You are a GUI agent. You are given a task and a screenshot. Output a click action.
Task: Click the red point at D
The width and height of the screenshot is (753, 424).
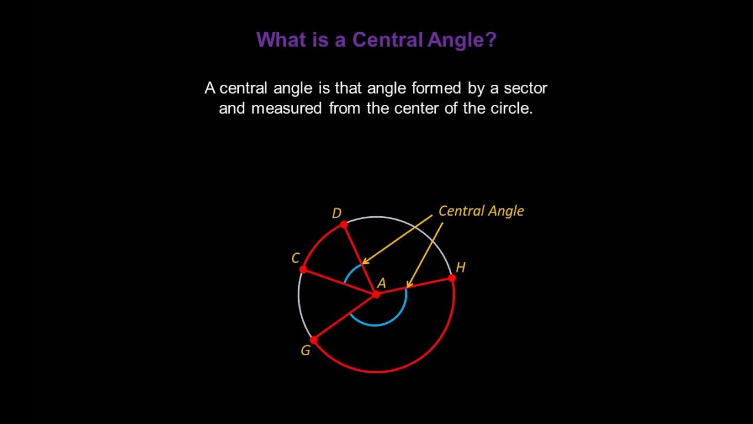click(344, 224)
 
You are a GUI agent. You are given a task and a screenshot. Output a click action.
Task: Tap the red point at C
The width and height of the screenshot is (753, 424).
click(303, 269)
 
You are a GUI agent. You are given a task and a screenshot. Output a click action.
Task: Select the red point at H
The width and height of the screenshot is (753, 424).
click(452, 277)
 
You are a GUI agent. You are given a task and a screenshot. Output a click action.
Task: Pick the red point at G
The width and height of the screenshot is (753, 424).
click(314, 340)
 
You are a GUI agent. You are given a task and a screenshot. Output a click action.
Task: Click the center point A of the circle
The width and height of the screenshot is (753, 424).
click(376, 294)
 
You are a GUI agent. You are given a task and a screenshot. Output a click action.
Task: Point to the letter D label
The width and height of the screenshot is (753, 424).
click(336, 213)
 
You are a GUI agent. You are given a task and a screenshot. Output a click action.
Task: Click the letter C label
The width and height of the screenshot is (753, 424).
click(295, 258)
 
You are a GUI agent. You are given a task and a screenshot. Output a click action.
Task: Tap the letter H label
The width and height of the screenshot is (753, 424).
click(461, 267)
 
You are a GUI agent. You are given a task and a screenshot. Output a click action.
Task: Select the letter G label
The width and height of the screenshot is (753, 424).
click(305, 351)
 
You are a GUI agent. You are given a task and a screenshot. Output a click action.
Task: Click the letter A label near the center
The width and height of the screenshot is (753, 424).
click(381, 283)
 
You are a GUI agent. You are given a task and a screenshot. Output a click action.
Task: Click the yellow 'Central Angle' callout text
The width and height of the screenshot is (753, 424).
click(481, 211)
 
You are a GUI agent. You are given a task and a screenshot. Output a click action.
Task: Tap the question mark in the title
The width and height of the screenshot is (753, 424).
click(491, 40)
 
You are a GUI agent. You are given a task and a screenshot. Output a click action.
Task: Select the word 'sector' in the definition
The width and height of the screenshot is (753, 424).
click(526, 88)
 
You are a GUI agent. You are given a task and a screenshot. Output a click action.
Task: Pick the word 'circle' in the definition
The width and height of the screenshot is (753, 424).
click(511, 108)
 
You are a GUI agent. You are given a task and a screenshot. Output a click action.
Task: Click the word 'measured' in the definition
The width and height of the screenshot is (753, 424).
click(286, 108)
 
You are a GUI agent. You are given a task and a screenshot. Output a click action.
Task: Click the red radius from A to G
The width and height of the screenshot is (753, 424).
click(345, 317)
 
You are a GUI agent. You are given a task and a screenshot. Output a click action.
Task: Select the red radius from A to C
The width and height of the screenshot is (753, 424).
click(340, 281)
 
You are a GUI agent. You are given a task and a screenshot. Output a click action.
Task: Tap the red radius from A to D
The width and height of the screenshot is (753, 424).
click(360, 259)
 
